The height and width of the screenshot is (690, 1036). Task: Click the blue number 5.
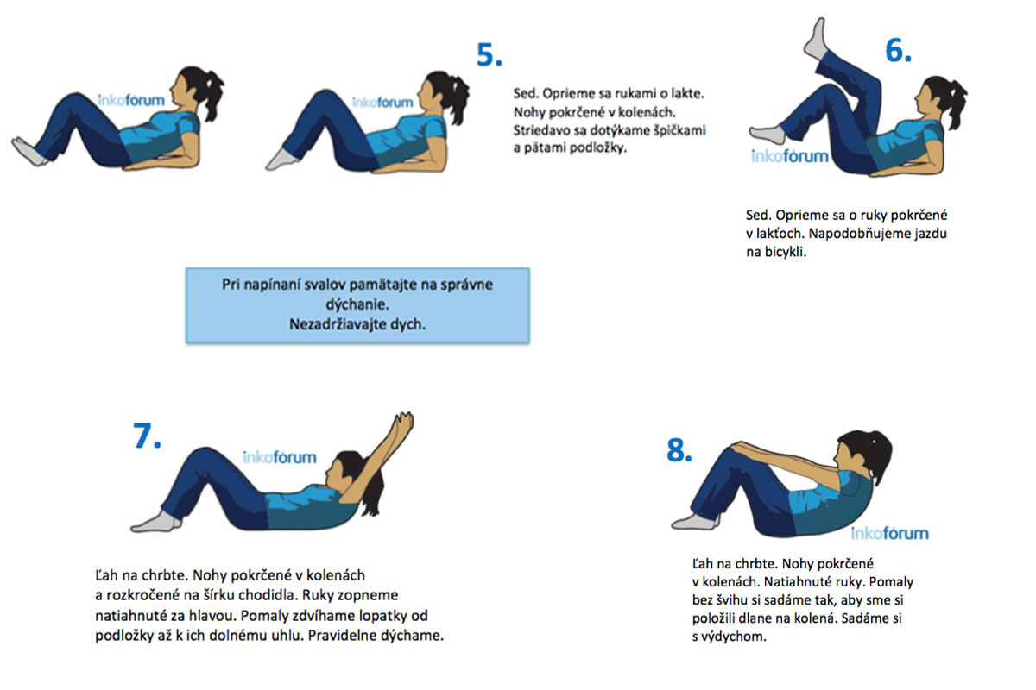489,55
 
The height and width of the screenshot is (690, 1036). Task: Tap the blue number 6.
898,50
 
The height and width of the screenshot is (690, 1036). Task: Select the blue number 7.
147,436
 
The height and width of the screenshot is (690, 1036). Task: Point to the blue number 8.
679,450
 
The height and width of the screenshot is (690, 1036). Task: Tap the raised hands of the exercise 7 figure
403,422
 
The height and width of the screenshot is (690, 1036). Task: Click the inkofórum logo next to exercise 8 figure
889,534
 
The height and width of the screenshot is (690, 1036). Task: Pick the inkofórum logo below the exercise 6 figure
789,156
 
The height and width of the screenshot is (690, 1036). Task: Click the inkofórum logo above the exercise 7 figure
280,457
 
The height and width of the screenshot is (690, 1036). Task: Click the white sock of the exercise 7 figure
156,522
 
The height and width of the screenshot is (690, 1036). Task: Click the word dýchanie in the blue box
357,305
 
